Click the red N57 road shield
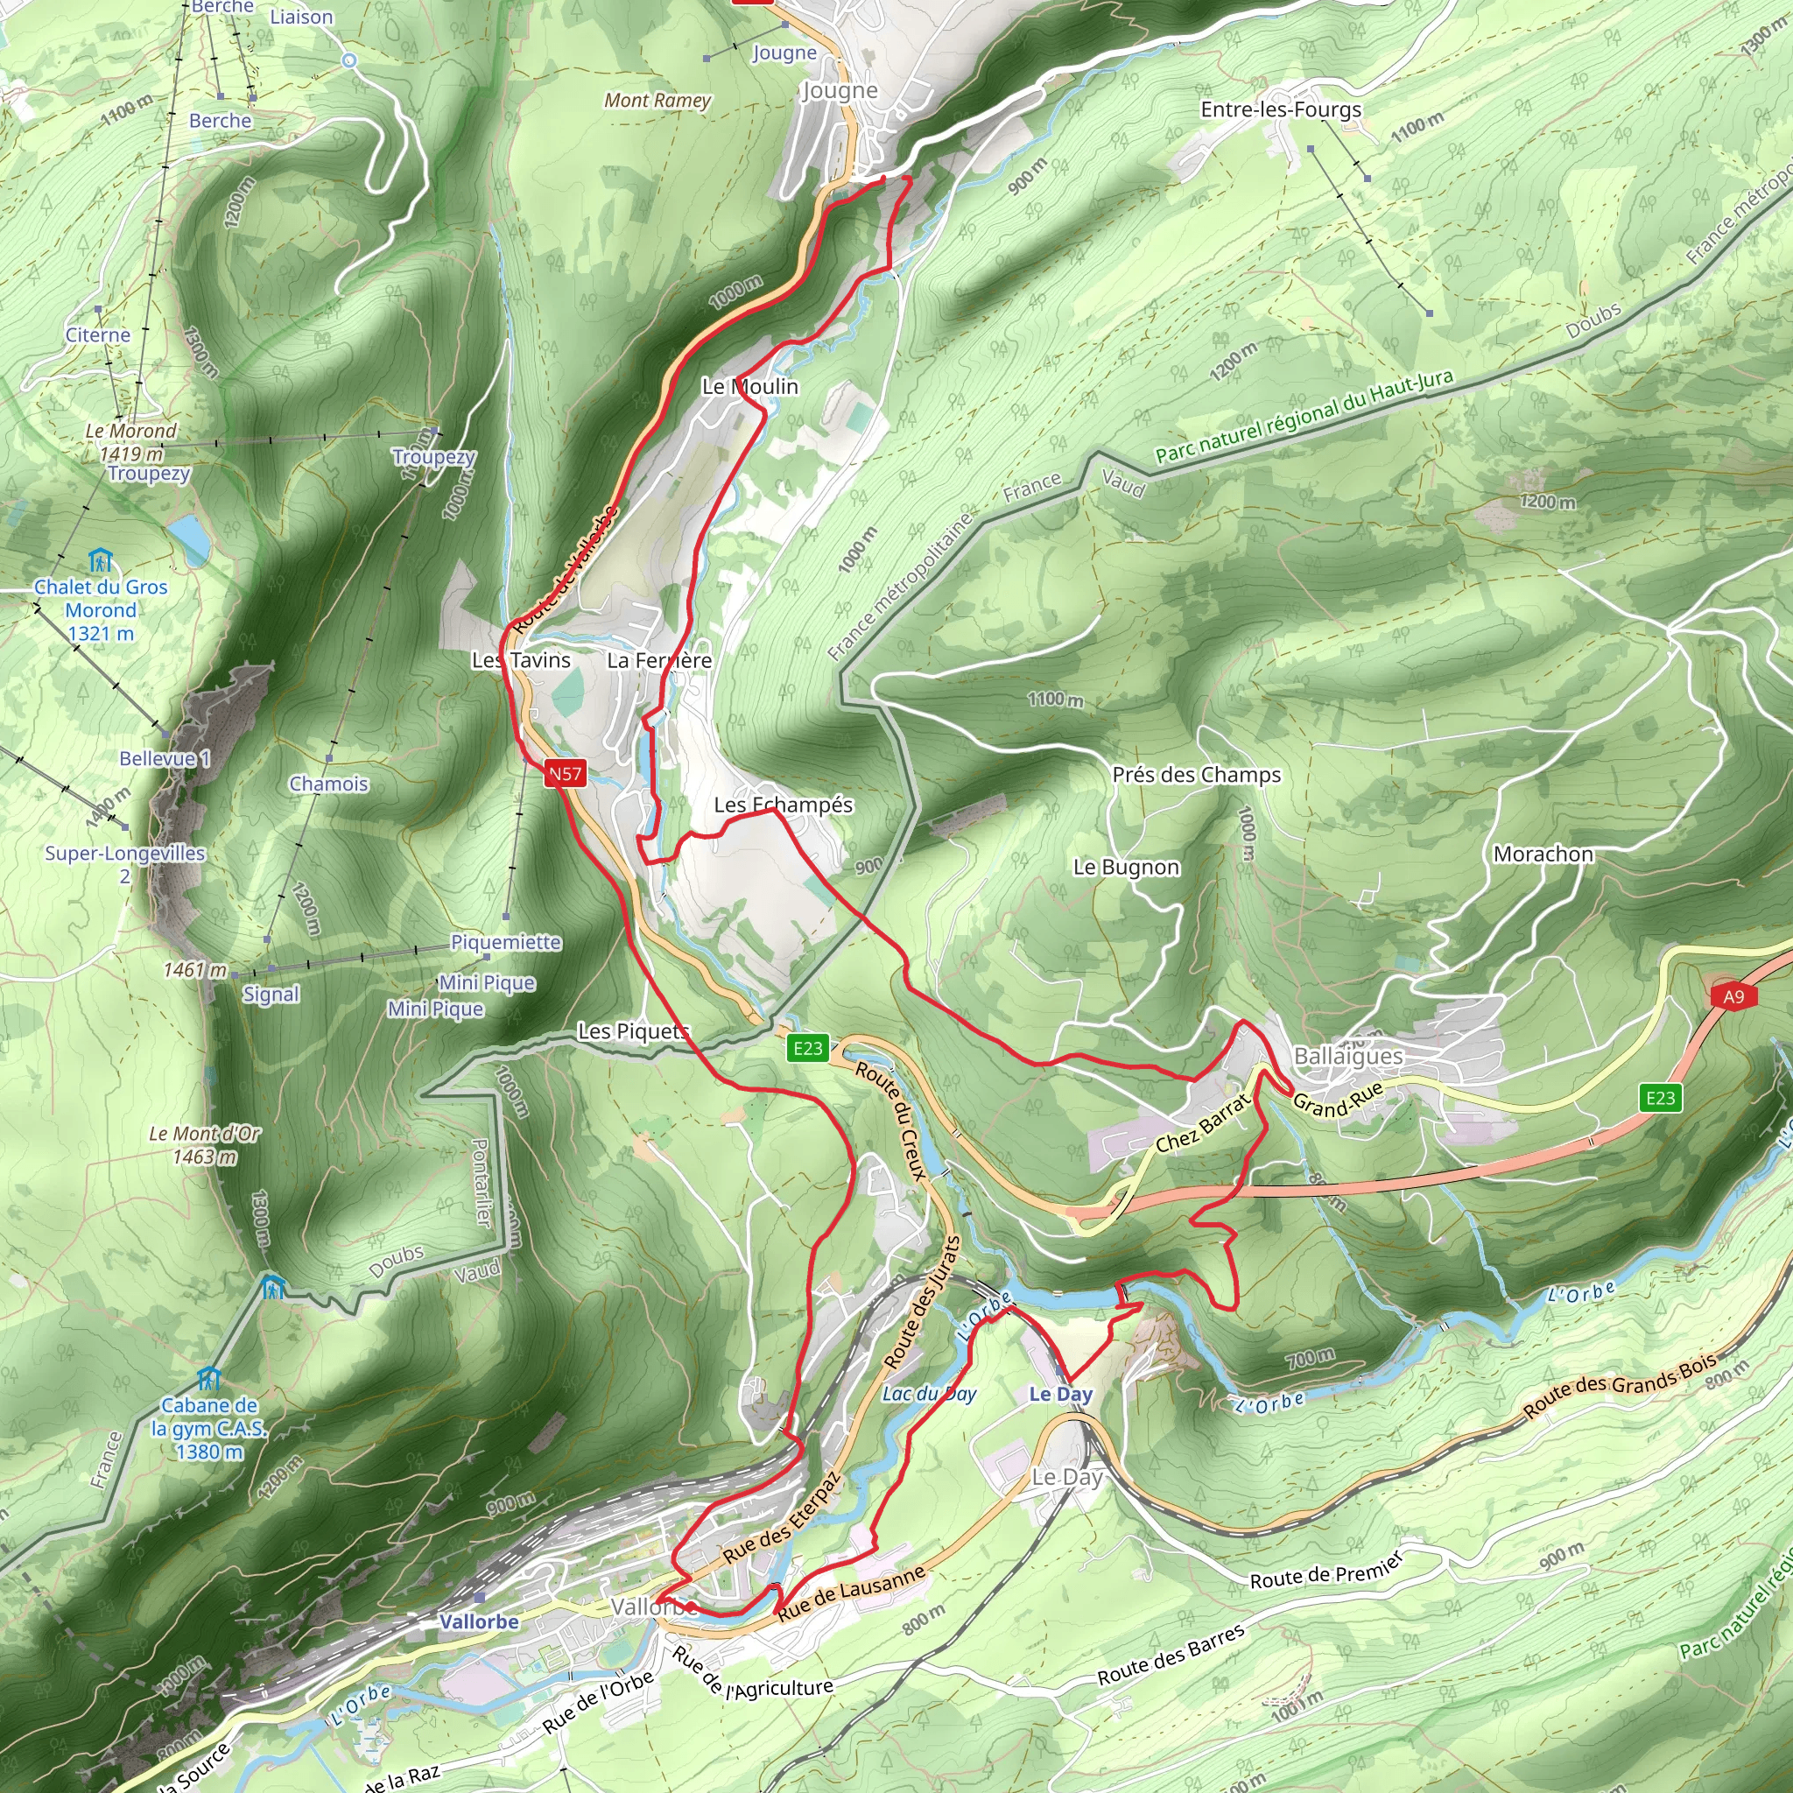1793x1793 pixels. point(566,773)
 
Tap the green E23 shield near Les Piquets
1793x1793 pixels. point(806,1048)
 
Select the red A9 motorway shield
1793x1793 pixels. point(1733,996)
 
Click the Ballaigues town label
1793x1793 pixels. point(1347,1056)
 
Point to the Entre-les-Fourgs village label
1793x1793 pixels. point(1281,109)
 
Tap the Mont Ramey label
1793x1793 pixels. point(657,100)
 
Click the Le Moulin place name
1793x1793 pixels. point(750,386)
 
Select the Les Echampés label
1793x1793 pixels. point(784,805)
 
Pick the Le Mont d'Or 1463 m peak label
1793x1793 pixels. point(205,1144)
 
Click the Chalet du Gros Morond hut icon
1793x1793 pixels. point(100,560)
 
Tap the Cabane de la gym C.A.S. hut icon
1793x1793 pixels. point(209,1377)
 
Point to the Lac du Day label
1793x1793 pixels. point(929,1394)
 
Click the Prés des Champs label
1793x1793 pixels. point(1196,774)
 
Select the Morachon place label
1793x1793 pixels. point(1543,854)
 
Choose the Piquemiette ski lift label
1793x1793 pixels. point(506,942)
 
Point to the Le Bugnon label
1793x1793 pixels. point(1126,867)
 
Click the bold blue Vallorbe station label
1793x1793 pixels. point(479,1621)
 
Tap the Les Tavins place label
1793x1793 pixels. point(521,660)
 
